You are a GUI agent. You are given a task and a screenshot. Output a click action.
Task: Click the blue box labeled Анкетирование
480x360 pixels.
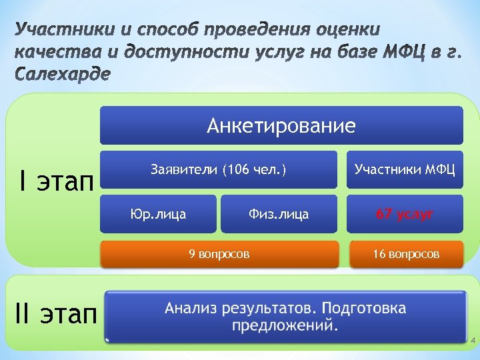[281, 125]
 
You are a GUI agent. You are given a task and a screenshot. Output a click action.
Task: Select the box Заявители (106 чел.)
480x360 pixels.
[219, 169]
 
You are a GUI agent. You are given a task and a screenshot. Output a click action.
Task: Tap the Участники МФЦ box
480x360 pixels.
[405, 169]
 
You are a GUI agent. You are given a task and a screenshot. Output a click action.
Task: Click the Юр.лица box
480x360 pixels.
[158, 214]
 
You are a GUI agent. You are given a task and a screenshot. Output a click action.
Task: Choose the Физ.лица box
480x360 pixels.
[279, 214]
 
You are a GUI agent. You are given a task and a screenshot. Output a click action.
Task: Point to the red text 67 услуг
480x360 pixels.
[405, 214]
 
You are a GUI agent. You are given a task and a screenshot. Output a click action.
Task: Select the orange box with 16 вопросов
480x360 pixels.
[405, 253]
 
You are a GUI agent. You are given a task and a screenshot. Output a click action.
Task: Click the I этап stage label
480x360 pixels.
[56, 181]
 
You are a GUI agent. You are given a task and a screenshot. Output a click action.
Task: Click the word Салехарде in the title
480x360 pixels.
[62, 73]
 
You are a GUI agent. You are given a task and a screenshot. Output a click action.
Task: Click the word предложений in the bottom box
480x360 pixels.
[284, 327]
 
